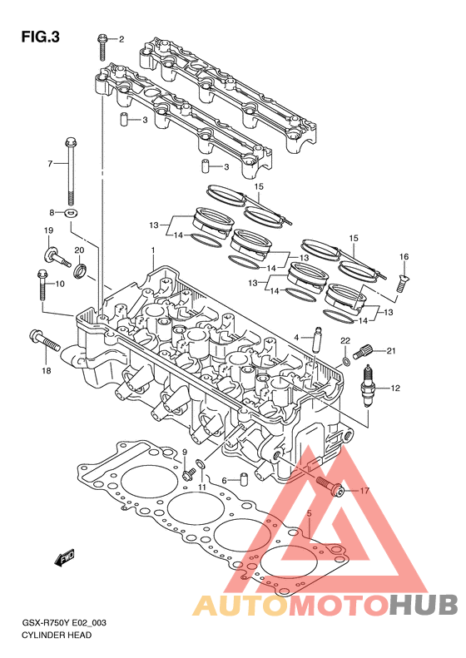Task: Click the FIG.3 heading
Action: (x=40, y=37)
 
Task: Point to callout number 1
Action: (x=153, y=250)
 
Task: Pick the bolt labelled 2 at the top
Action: (x=102, y=47)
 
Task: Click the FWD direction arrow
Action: (x=65, y=558)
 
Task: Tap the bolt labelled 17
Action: (x=330, y=486)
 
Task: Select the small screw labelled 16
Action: (x=403, y=283)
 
